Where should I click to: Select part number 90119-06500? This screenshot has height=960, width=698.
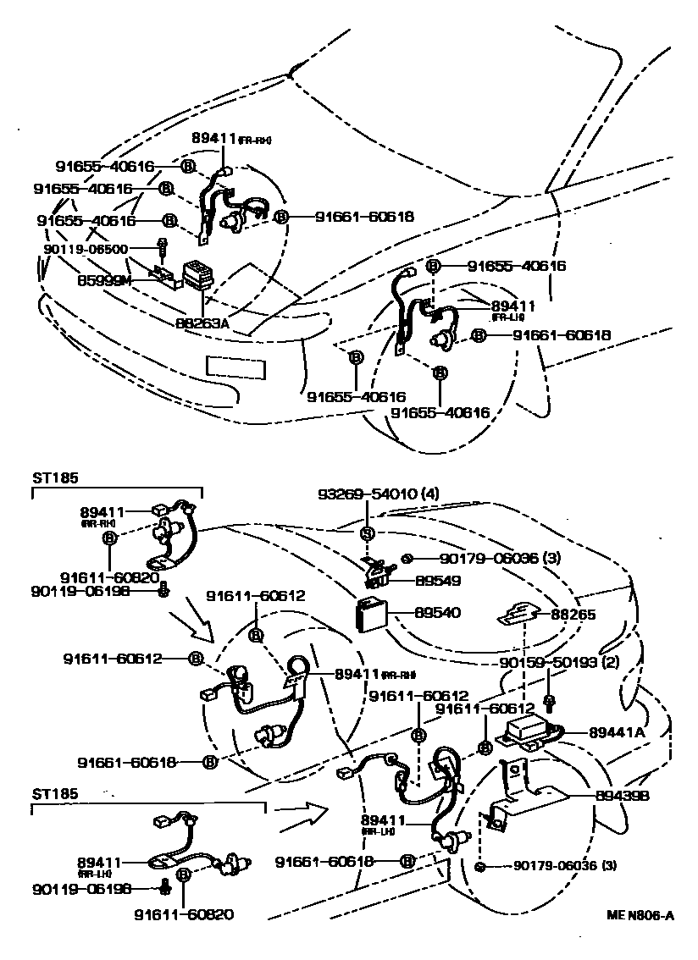[x=86, y=250]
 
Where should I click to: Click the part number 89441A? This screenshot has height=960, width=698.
[x=617, y=733]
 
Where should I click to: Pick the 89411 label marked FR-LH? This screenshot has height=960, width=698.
[x=514, y=306]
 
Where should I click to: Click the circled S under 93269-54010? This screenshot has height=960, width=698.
[x=368, y=533]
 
